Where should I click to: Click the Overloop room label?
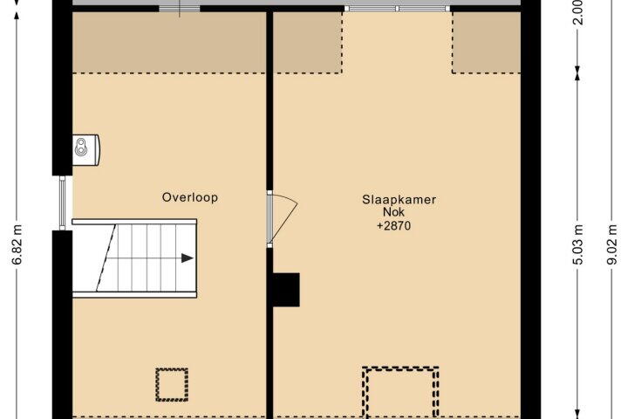[190, 197]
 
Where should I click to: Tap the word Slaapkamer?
[399, 200]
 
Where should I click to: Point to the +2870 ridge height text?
[393, 226]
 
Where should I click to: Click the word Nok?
[394, 212]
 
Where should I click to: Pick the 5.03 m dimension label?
[577, 244]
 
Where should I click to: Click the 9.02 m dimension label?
[611, 244]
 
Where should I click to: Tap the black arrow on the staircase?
[188, 258]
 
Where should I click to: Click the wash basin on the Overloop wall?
[86, 150]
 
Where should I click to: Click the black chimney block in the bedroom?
[286, 290]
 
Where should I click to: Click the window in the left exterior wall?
[62, 203]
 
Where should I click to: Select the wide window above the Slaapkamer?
[397, 9]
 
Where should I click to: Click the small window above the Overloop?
[180, 9]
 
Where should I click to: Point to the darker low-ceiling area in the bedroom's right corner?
[486, 43]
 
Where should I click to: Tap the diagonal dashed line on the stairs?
[106, 258]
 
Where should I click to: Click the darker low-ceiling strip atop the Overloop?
[169, 43]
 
